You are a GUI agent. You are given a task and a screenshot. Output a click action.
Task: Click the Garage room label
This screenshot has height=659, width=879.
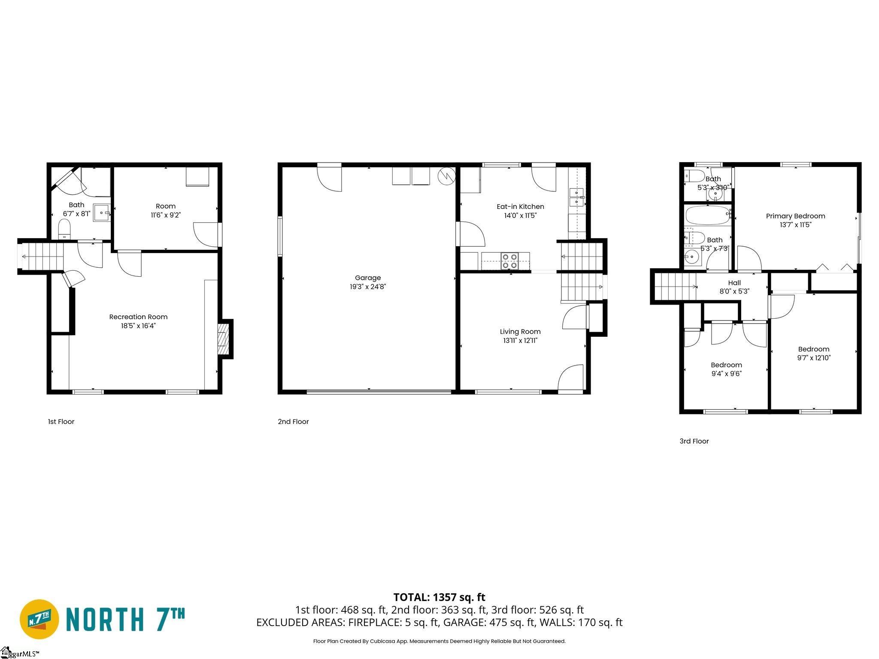point(368,278)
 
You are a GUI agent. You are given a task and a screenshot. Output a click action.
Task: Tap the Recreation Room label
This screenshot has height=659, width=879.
point(138,317)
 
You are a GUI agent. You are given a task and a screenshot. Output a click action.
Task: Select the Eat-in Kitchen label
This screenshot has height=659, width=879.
point(520,207)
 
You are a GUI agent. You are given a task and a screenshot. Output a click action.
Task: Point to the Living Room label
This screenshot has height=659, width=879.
point(520,332)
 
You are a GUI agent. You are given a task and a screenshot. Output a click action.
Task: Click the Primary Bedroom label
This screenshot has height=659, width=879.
point(795,216)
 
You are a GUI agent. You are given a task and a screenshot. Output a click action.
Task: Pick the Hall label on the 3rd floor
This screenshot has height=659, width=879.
point(734,283)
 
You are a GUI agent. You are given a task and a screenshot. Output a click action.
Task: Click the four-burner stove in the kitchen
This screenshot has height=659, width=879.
point(510,261)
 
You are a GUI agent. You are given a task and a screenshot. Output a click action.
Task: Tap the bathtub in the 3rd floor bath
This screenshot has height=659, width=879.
point(707,215)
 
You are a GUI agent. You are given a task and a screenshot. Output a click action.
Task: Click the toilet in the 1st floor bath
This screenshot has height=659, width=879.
point(64,229)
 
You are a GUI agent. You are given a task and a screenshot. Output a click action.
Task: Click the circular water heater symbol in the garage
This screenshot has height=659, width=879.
point(446,175)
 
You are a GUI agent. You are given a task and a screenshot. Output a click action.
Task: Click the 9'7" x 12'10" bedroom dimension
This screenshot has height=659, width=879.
point(814,358)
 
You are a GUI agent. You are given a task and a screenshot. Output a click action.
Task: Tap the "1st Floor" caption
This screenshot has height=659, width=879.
point(61,422)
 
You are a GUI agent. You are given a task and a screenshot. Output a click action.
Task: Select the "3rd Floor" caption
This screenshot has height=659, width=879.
point(694,441)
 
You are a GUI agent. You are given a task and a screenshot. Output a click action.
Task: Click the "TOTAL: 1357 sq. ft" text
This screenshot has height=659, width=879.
point(439,597)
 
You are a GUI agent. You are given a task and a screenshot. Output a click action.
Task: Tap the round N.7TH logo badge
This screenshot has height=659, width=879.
point(40,619)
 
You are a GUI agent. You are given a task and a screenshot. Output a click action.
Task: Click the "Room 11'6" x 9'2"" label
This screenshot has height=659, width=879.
point(166,211)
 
